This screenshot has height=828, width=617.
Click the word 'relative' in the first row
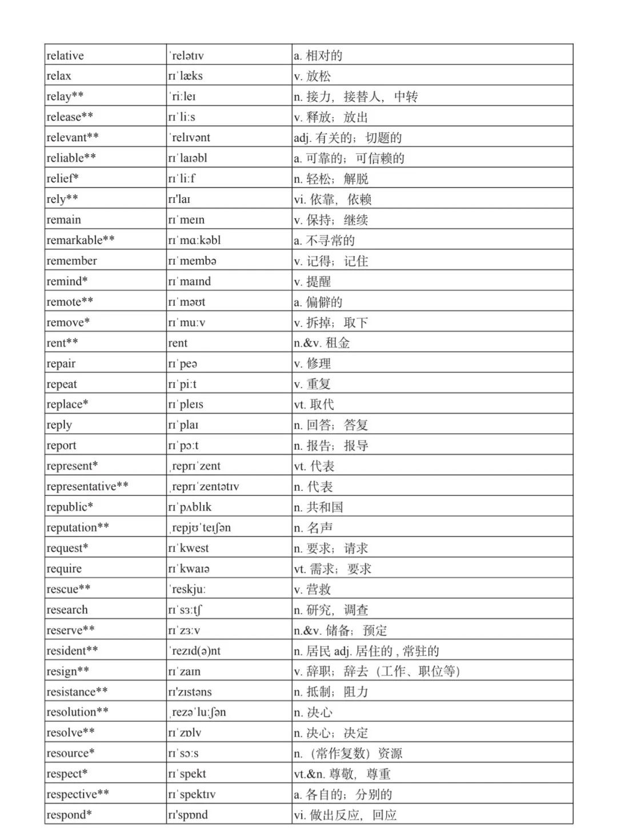(x=65, y=55)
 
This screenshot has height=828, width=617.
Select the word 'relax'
(x=59, y=76)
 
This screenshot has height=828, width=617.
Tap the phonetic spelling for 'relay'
(x=183, y=97)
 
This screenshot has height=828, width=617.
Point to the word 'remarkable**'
(x=81, y=240)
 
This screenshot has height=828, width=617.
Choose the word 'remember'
(x=71, y=261)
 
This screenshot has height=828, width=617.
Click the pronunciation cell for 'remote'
(x=187, y=302)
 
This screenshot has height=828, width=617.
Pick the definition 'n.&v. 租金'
(x=322, y=343)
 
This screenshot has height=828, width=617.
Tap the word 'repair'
(x=61, y=363)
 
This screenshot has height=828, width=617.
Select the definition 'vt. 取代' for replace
(x=314, y=405)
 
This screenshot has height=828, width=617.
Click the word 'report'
(x=61, y=446)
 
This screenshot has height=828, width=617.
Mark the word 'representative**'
(x=87, y=486)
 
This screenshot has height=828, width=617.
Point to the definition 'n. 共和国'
(x=318, y=507)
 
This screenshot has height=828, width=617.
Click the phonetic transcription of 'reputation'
(x=201, y=527)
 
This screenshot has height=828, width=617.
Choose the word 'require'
(x=64, y=569)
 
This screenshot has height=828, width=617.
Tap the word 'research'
(x=67, y=610)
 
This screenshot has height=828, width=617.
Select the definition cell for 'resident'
(x=366, y=651)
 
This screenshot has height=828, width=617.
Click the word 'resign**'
(x=67, y=671)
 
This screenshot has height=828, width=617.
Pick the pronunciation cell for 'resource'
(x=183, y=753)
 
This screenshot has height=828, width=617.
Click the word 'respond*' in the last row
(x=69, y=815)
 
